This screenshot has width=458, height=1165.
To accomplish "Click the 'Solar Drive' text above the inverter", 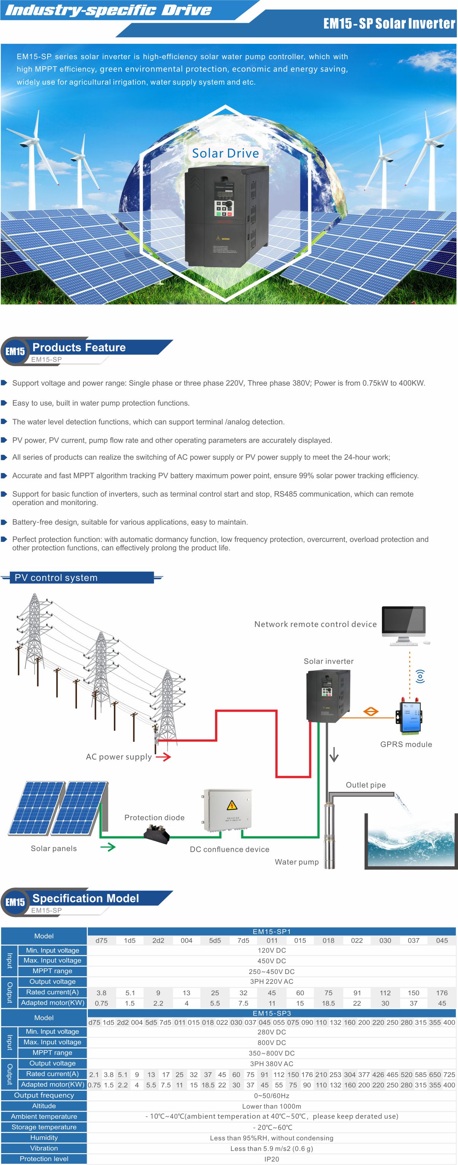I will coord(225,153).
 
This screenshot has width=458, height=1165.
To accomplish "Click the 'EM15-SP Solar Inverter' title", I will coord(389,24).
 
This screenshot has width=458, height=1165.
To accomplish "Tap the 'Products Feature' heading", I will coord(79,347).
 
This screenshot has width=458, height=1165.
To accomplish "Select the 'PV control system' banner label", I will coord(56,577).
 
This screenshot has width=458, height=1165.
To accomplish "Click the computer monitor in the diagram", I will coord(404,622).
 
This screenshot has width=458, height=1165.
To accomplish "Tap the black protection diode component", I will coord(156,834).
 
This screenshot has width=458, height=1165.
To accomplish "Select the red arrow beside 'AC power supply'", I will coord(163,757).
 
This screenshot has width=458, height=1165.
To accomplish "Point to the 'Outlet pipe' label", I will coord(365,785).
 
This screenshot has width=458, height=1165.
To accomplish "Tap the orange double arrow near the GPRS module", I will coord(371,711).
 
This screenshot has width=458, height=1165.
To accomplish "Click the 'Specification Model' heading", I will coord(86,898).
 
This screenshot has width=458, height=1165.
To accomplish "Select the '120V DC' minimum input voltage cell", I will coord(271,950).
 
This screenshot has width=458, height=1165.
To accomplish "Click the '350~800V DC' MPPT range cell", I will coord(271,1053).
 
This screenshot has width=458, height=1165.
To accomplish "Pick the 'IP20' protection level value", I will coord(271,1159).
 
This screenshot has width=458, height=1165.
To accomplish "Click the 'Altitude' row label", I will coord(44,1106).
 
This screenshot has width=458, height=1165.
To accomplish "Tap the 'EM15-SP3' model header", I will coord(271,1014).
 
